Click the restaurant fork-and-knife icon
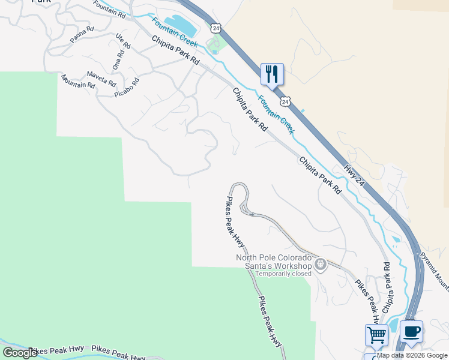click(272, 74)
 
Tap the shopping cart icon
click(376, 335)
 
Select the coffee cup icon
click(411, 331)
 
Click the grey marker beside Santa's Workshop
click(321, 263)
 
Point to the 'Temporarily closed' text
click(283, 274)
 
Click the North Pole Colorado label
click(274, 258)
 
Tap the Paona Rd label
click(82, 35)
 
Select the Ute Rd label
click(123, 41)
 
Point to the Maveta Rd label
click(101, 77)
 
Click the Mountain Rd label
click(77, 82)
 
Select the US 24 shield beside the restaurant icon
click(285, 102)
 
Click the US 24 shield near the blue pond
click(216, 28)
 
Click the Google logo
click(19, 353)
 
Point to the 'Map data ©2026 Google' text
click(412, 355)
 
